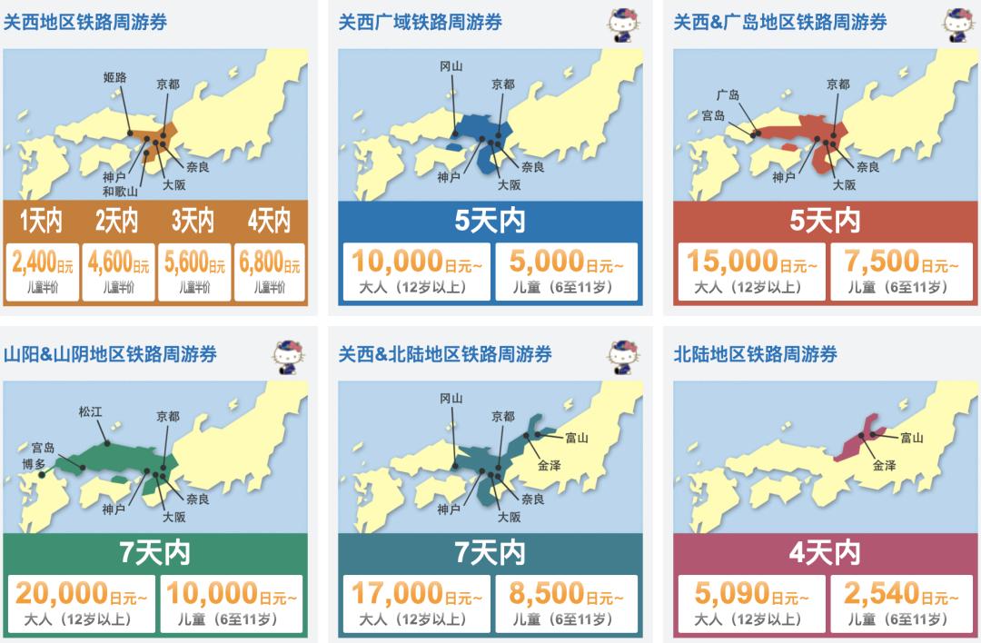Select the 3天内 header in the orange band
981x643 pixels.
point(193,221)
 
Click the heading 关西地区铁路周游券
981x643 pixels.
point(85,22)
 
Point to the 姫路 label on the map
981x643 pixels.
point(115,78)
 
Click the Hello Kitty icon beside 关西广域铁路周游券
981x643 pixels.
point(622,22)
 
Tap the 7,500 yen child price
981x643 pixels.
point(887,262)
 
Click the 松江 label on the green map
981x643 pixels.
point(91,411)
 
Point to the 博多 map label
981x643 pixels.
point(35,464)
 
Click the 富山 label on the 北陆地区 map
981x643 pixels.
point(911,438)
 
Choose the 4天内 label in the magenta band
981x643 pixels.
point(825,551)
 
